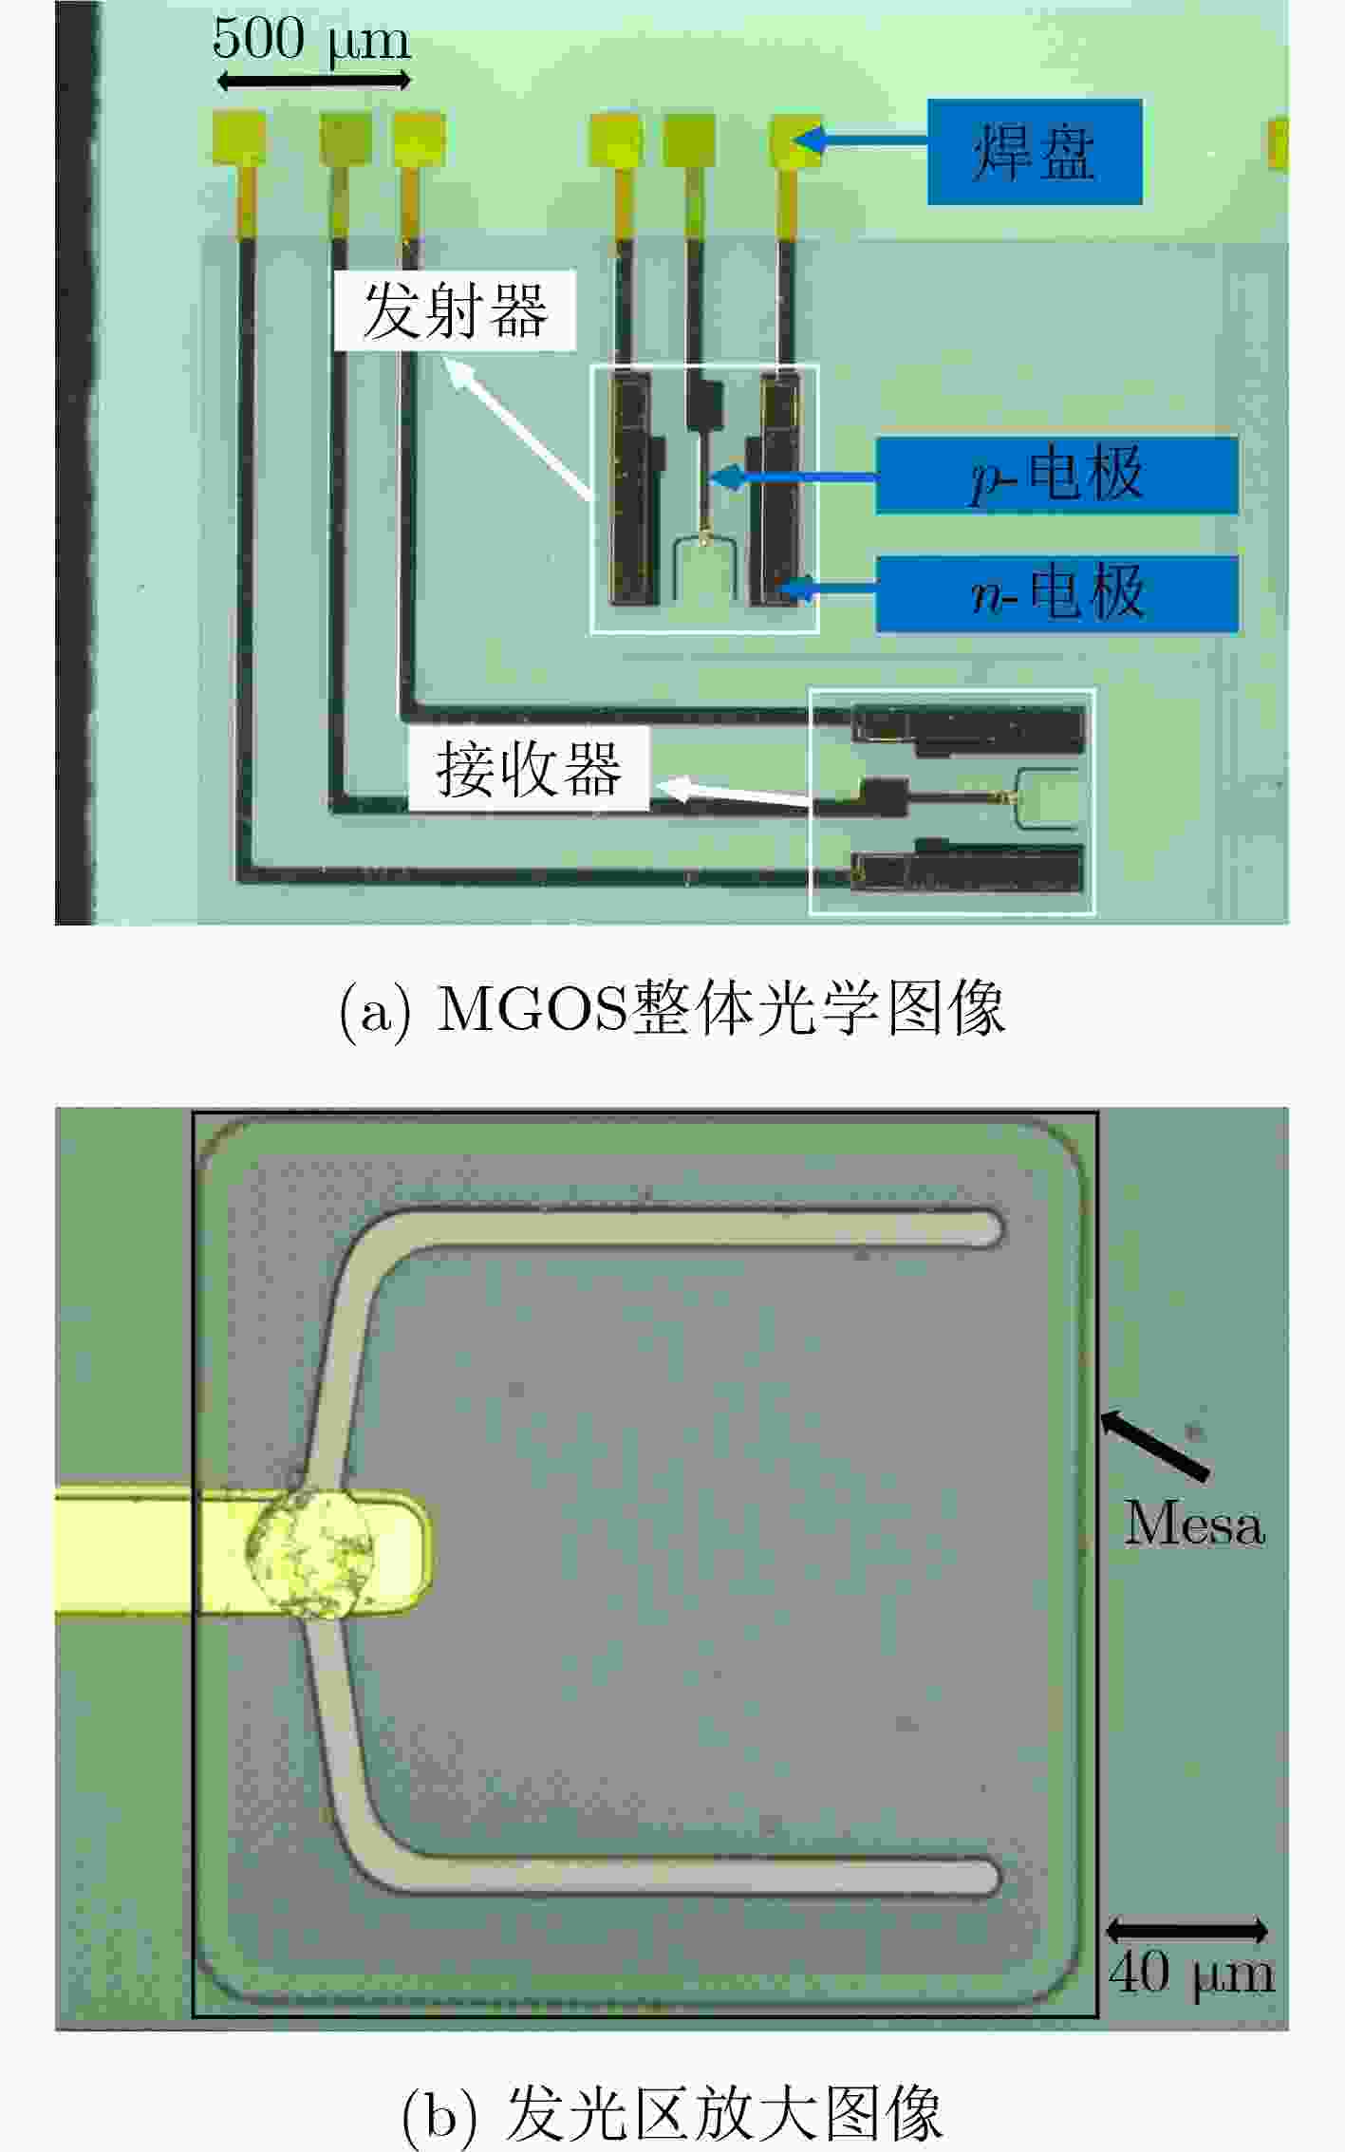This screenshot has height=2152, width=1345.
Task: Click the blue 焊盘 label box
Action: (x=1035, y=151)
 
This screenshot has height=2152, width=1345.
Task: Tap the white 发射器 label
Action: (x=455, y=310)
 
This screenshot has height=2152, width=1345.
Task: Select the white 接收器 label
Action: (x=529, y=768)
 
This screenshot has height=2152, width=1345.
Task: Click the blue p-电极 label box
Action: (x=1056, y=475)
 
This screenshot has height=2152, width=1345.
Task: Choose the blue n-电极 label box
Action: (x=1056, y=594)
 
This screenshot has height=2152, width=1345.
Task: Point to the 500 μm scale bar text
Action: (x=311, y=40)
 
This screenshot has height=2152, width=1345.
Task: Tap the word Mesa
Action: (x=1194, y=1524)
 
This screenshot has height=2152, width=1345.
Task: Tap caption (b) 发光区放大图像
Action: (x=672, y=2112)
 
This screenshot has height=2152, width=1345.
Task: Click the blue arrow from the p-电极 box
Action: (x=792, y=477)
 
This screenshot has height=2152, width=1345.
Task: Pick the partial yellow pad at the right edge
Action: (x=1279, y=143)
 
